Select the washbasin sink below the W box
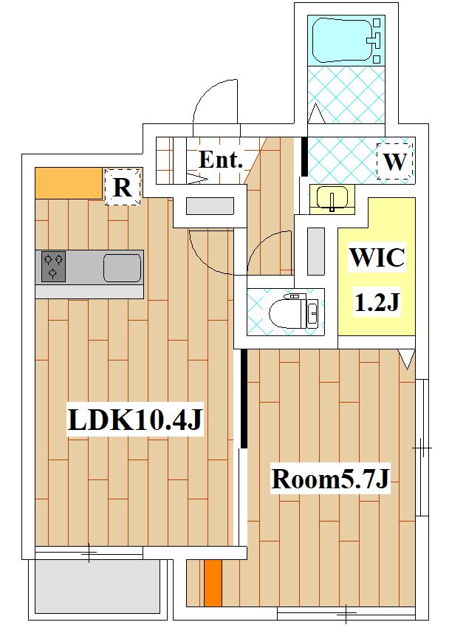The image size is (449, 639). tap(332, 199)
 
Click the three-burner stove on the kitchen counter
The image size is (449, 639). tap(53, 267)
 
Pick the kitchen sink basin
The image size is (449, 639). tap(123, 267)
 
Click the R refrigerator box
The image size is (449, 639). tap(123, 187)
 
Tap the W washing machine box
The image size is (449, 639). tap(395, 161)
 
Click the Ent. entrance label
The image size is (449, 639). tap(221, 160)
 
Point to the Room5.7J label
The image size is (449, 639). tap(331, 479)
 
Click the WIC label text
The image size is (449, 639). tap(377, 257)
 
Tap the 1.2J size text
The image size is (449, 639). tap(377, 302)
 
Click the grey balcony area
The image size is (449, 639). tap(97, 586)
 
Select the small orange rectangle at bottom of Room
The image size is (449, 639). tap(213, 583)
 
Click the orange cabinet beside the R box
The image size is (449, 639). tap(69, 183)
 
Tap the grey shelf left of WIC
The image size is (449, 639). tap(316, 251)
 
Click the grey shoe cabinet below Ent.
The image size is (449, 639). tap(210, 206)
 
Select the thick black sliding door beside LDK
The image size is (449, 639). tap(244, 399)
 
